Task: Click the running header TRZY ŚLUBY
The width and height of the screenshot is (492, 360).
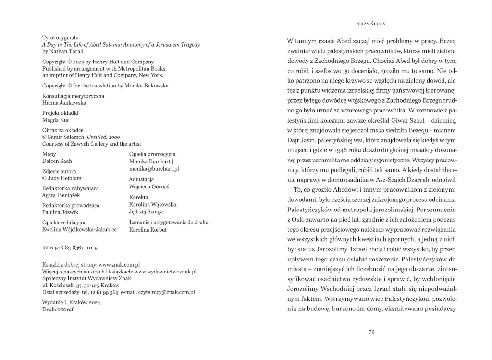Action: (372, 23)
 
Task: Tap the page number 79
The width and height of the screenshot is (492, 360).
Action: (371, 332)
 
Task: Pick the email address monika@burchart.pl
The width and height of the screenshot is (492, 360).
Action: (154, 169)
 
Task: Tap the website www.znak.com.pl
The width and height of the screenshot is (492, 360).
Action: (119, 265)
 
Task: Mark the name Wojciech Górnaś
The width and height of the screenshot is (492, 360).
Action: (149, 186)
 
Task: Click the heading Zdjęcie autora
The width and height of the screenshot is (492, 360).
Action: (59, 171)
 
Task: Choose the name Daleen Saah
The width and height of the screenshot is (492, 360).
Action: (57, 161)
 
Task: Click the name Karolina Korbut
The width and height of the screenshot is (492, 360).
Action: (148, 230)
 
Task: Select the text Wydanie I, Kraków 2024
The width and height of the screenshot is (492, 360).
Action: (70, 302)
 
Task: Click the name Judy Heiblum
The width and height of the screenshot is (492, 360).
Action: (63, 178)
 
